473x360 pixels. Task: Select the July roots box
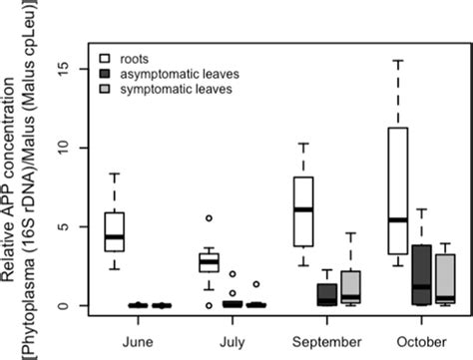(x=209, y=262)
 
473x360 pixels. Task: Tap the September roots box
(x=304, y=210)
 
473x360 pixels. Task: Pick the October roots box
(x=397, y=190)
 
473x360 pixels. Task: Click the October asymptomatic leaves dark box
(x=420, y=274)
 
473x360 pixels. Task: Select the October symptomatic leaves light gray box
(x=445, y=279)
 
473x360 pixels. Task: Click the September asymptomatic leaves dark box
(x=326, y=294)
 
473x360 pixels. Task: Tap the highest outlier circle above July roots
(x=209, y=217)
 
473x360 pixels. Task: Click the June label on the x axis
(x=139, y=338)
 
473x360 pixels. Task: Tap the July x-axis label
(x=233, y=338)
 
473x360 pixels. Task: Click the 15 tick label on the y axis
(x=66, y=68)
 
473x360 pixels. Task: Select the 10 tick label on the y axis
(x=66, y=148)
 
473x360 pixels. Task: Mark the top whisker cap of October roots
(x=397, y=61)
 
